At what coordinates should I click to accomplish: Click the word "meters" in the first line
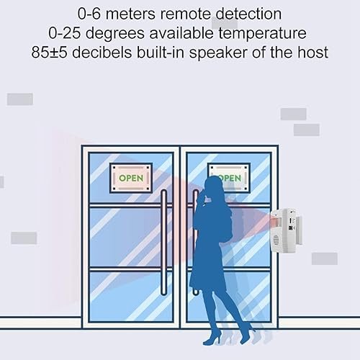click(130, 14)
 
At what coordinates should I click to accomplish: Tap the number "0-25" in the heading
click(64, 33)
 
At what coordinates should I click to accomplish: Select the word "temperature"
click(262, 34)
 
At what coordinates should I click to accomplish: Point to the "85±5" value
click(49, 52)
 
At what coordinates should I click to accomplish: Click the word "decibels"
click(102, 52)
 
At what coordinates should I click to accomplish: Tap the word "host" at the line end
click(312, 52)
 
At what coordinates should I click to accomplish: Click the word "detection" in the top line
click(248, 14)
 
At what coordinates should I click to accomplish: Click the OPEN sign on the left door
click(131, 178)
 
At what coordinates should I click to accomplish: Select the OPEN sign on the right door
click(229, 177)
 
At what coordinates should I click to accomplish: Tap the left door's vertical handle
click(164, 243)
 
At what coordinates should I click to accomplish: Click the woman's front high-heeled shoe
click(212, 339)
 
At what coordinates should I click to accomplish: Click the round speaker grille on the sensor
click(276, 240)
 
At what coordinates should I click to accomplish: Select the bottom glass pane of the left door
click(131, 297)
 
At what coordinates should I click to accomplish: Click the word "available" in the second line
click(181, 33)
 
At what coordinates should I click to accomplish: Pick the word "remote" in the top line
click(185, 14)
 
